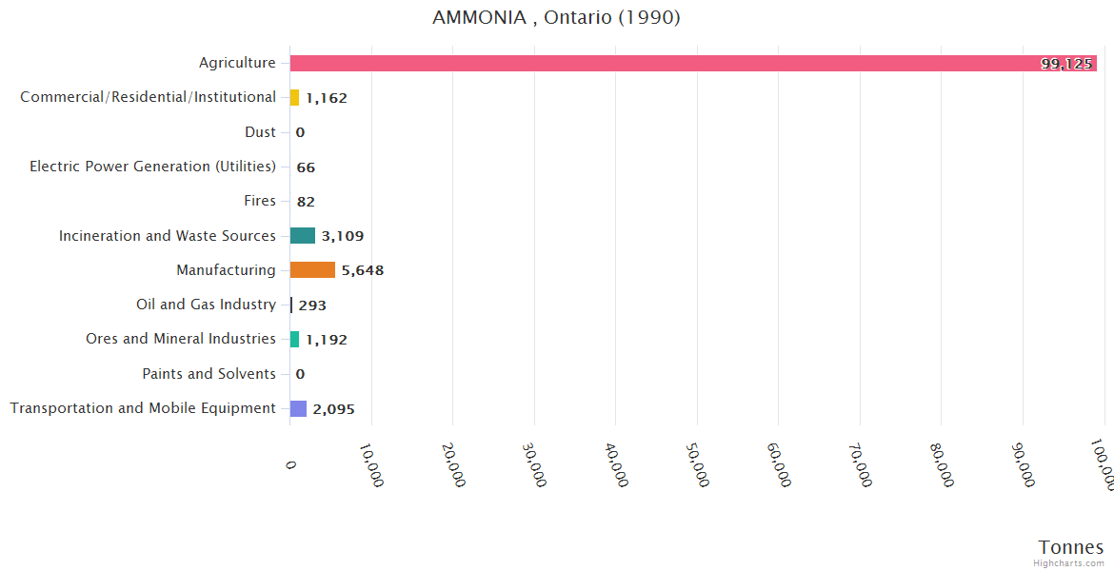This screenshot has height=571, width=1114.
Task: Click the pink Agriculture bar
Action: (x=666, y=64)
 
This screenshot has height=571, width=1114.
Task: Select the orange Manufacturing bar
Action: (x=312, y=270)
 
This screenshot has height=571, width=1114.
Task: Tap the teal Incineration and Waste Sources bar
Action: (x=303, y=236)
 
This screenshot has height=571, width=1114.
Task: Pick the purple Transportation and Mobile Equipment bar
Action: (x=298, y=408)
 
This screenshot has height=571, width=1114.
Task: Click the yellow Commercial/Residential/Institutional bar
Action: (x=294, y=97)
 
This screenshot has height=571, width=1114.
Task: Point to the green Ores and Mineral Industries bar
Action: (x=294, y=340)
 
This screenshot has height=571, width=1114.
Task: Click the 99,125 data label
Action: (x=1066, y=64)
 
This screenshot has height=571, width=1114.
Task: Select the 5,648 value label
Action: (x=363, y=270)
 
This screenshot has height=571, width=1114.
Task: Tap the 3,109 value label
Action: (x=343, y=236)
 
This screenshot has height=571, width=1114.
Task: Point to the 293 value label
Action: (x=312, y=305)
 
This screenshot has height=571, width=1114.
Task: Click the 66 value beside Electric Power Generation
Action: (x=306, y=167)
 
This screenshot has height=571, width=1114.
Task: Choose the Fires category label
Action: (x=260, y=201)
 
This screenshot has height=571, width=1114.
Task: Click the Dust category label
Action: (x=260, y=132)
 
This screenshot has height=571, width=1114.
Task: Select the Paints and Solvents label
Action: (x=209, y=374)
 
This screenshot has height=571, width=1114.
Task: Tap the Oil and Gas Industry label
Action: (x=206, y=305)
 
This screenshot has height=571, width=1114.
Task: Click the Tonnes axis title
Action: (x=1070, y=547)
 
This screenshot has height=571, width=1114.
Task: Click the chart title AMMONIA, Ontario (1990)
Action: (x=556, y=18)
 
